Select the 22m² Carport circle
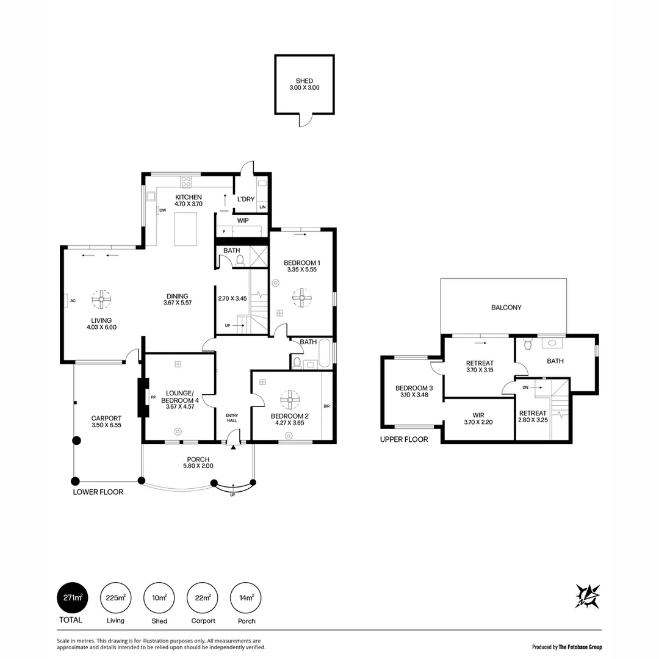[x=203, y=598]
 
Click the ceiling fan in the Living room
[x=101, y=299]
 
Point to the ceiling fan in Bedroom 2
[x=290, y=400]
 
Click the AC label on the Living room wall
[x=72, y=300]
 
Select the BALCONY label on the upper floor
[x=506, y=308]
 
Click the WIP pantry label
[x=242, y=220]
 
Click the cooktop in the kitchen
[x=186, y=181]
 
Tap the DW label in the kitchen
[x=163, y=211]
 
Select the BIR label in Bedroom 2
[x=326, y=405]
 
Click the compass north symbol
[x=588, y=596]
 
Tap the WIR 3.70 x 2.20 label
[x=478, y=418]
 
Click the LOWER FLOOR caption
[x=98, y=492]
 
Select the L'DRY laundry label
[x=246, y=199]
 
